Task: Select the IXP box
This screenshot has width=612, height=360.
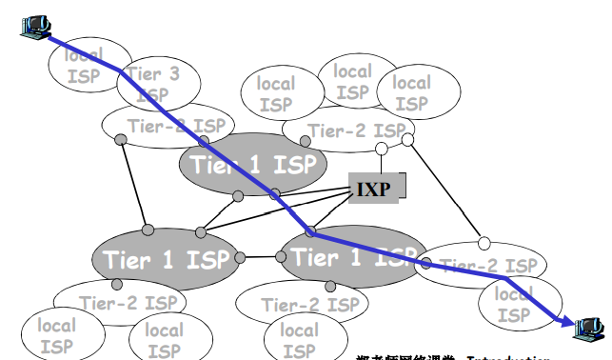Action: point(375,186)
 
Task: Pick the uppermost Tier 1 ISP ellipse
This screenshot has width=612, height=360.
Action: point(253,164)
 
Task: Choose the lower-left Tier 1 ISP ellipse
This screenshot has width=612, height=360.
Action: point(167,258)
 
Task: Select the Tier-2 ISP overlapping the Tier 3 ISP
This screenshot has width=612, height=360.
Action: point(176,127)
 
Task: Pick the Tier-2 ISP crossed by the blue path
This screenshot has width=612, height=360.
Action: point(481,266)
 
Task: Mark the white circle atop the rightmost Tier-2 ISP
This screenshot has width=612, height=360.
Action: point(484,242)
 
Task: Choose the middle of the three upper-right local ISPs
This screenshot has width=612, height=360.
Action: point(352,81)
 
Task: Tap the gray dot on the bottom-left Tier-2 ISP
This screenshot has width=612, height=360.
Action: point(117,285)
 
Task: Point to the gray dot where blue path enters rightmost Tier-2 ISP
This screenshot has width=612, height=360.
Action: point(426,265)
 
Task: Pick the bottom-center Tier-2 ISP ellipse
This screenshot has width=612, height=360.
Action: point(297,304)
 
